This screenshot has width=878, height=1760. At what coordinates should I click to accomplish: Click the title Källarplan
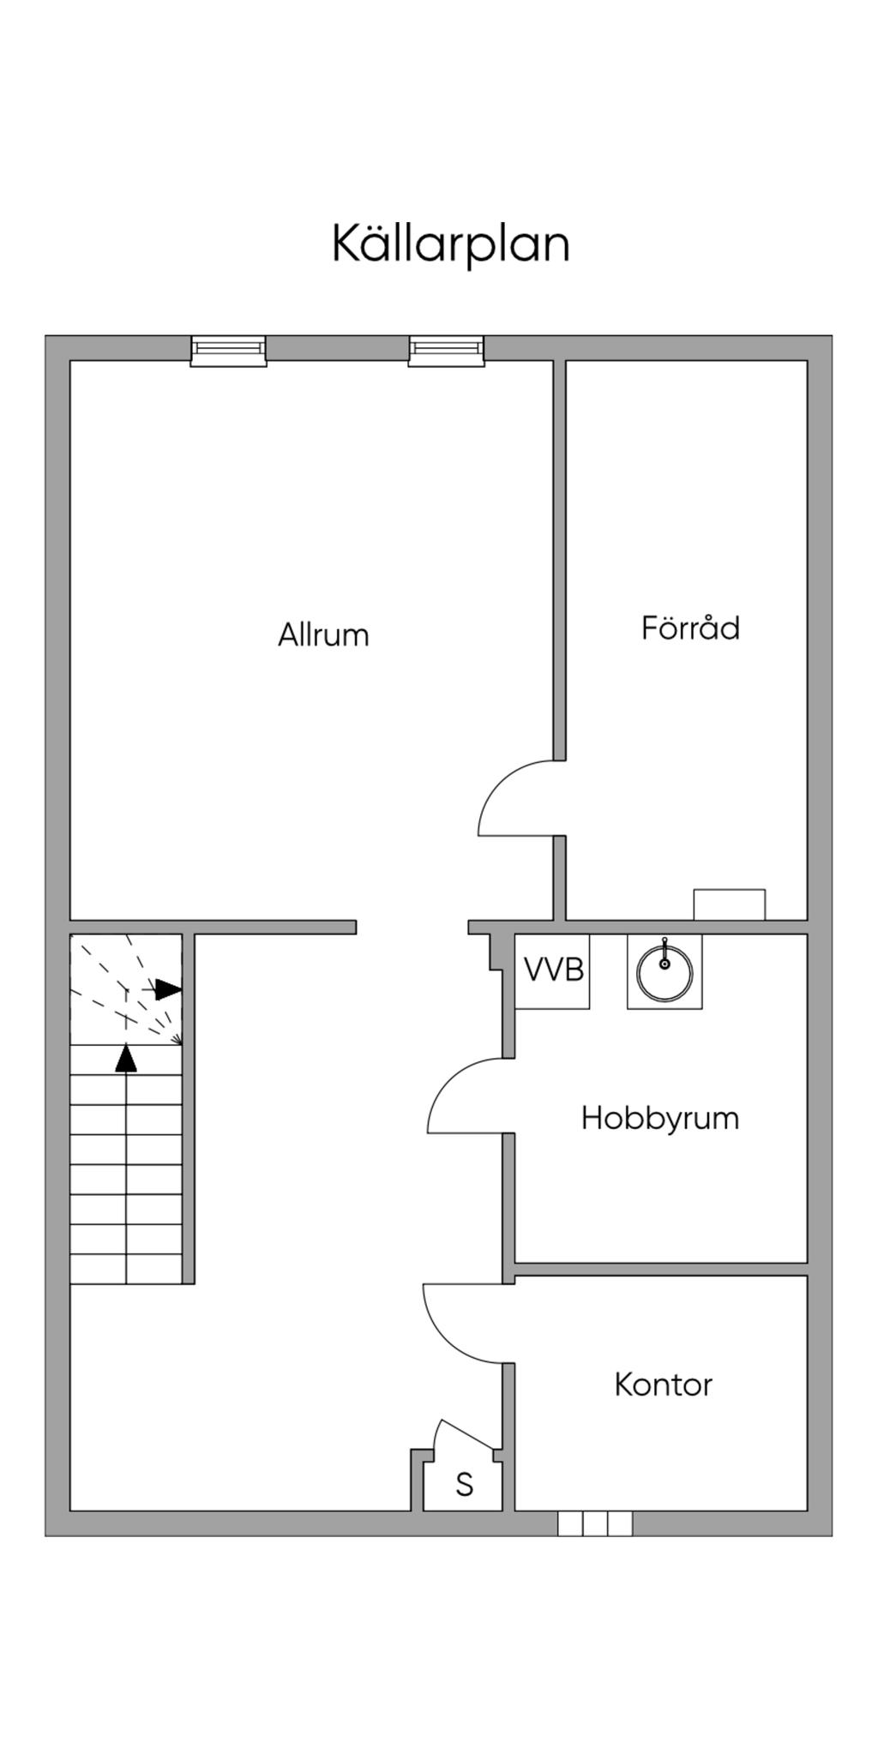(451, 245)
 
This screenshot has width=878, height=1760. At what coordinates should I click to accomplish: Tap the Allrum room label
(323, 635)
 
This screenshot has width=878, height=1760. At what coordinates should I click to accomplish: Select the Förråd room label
(690, 628)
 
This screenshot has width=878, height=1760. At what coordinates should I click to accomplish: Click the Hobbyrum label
(659, 1118)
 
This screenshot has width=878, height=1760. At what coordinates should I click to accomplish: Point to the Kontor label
(663, 1385)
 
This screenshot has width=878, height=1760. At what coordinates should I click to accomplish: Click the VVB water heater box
(553, 970)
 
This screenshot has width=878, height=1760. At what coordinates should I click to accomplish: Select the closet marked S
(464, 1484)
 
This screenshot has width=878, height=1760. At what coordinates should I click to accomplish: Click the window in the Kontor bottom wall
(595, 1523)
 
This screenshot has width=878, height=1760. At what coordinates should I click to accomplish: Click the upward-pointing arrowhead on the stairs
(126, 1058)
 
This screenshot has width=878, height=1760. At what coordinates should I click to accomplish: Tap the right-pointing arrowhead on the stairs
(168, 989)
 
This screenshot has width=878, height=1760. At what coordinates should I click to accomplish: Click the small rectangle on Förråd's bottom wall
(729, 904)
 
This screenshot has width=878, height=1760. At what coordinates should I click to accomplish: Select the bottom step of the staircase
(126, 1269)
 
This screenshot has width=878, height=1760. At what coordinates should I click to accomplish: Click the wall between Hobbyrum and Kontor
(660, 1269)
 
